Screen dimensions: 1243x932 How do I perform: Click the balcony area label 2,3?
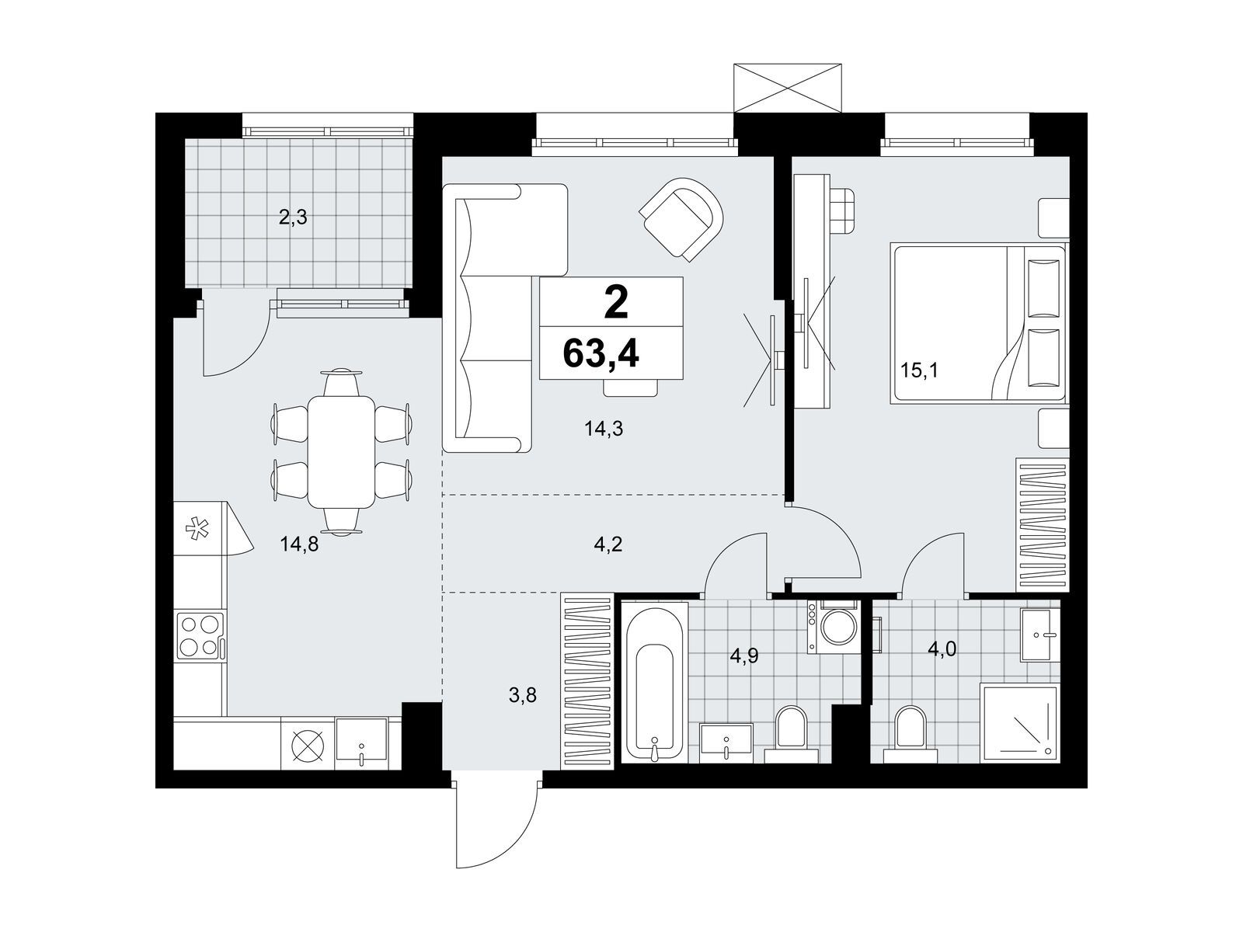pyautogui.click(x=293, y=217)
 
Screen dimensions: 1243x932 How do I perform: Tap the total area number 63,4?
pyautogui.click(x=601, y=354)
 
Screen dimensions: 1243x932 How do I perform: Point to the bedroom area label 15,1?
pyautogui.click(x=919, y=370)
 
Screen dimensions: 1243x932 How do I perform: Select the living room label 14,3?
pyautogui.click(x=604, y=429)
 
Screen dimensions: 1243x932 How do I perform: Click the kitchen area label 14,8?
pyautogui.click(x=300, y=544)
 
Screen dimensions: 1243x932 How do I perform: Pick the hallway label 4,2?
pyautogui.click(x=608, y=544)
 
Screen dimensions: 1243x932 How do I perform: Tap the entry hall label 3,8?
pyautogui.click(x=522, y=695)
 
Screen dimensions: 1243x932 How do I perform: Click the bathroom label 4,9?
pyautogui.click(x=743, y=656)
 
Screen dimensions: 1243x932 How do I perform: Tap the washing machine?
pyautogui.click(x=833, y=628)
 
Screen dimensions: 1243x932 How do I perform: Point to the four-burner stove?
pyautogui.click(x=200, y=635)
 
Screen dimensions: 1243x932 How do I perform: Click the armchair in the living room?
pyautogui.click(x=681, y=220)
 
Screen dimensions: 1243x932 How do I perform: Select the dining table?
pyautogui.click(x=341, y=451)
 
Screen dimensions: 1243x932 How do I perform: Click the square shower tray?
pyautogui.click(x=1020, y=722)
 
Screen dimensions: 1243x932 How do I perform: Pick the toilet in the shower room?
pyautogui.click(x=910, y=735)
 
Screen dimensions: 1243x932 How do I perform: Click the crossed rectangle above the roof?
pyautogui.click(x=787, y=88)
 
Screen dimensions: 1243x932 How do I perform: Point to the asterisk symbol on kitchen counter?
pyautogui.click(x=197, y=530)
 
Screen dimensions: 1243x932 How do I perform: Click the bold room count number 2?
pyautogui.click(x=616, y=303)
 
